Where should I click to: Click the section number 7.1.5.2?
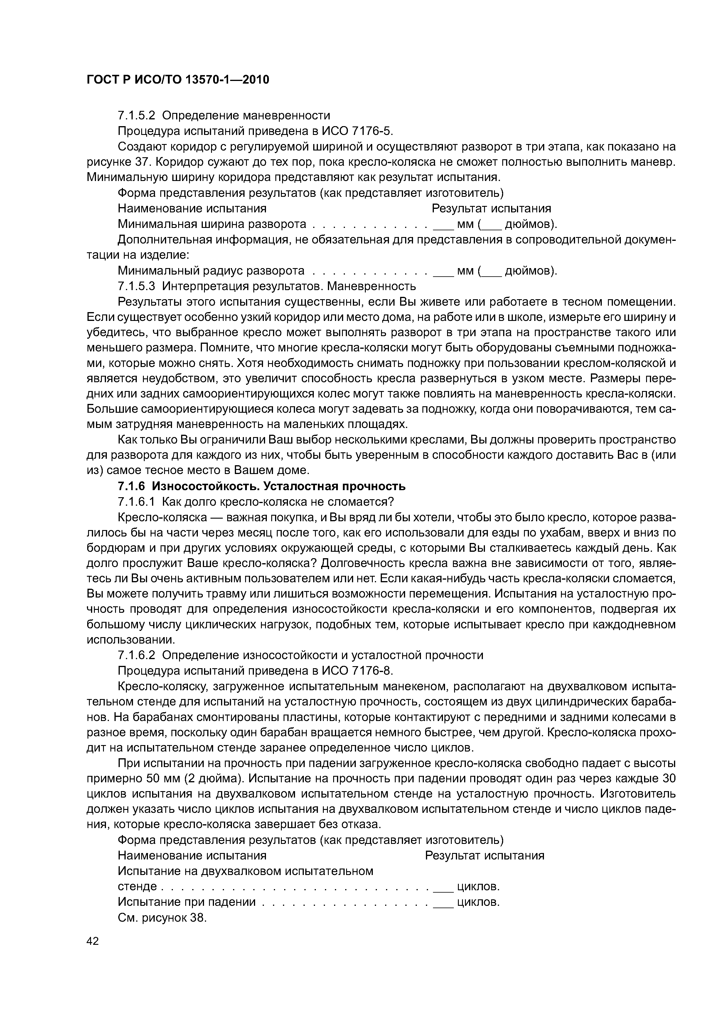(136, 116)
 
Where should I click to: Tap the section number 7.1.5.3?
(136, 285)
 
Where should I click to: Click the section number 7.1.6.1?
(136, 501)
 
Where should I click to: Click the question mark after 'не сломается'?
(390, 501)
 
